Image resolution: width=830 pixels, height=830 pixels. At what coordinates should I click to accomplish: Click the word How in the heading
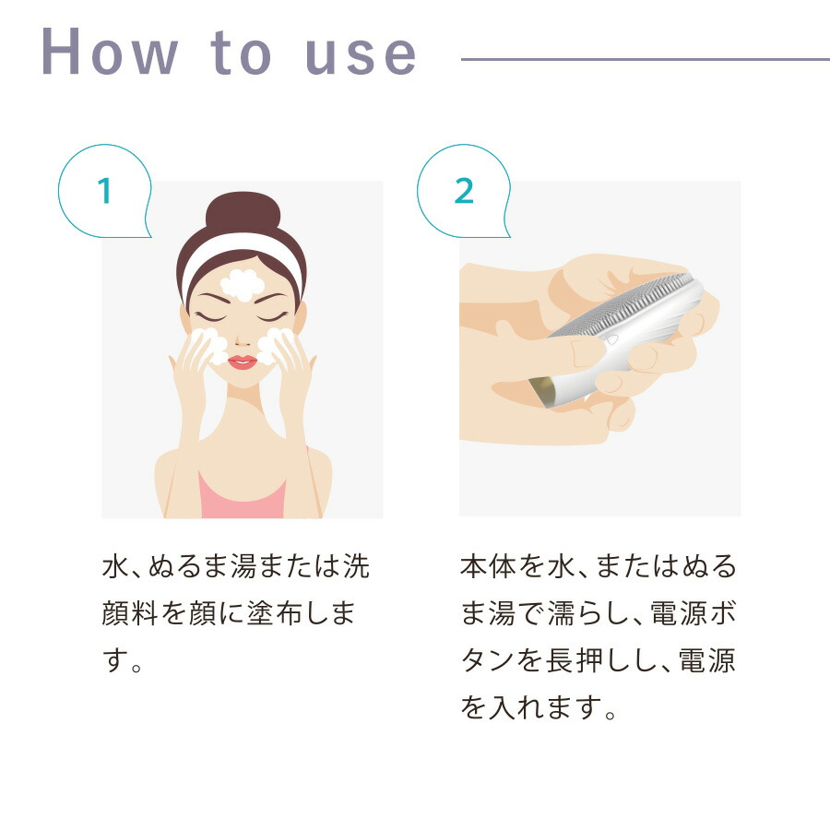(110, 52)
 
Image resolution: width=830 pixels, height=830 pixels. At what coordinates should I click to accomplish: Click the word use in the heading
(361, 55)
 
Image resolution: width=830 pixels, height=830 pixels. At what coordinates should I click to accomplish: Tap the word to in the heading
(241, 53)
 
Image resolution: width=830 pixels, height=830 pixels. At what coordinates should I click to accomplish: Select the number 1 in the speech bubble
(105, 191)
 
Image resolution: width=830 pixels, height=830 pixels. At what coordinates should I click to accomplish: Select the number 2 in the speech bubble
(464, 191)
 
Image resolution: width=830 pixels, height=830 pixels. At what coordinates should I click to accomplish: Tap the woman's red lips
(243, 362)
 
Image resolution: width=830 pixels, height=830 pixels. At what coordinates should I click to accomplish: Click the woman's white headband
(242, 255)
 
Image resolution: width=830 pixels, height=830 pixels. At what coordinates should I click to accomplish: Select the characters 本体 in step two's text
(488, 566)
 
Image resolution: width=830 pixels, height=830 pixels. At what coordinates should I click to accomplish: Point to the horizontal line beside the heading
(646, 59)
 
